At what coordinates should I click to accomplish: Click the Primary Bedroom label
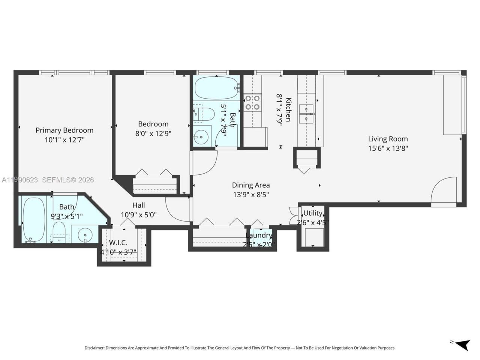(x=64, y=130)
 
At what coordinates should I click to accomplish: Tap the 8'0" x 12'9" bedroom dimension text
(x=153, y=133)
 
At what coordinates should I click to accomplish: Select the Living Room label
(x=388, y=139)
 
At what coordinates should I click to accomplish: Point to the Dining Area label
(x=251, y=185)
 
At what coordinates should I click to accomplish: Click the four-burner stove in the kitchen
(x=252, y=103)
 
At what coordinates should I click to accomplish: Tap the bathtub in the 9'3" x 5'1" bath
(x=33, y=220)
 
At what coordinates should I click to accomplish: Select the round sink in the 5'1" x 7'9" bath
(x=202, y=136)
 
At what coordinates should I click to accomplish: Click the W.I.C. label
(x=118, y=243)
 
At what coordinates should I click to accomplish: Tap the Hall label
(x=138, y=205)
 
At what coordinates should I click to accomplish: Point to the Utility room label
(x=313, y=213)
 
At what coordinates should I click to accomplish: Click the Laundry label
(x=259, y=235)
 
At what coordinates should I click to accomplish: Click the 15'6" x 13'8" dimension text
(x=388, y=148)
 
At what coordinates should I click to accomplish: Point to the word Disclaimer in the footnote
(x=94, y=348)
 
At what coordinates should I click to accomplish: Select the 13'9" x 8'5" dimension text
(x=251, y=195)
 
